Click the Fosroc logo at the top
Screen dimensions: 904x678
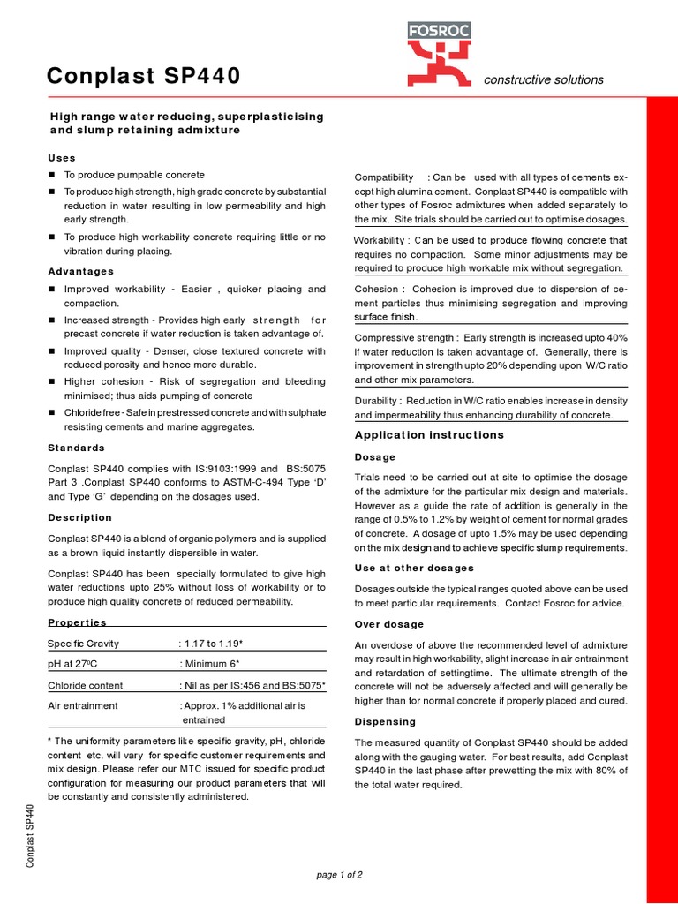point(439,53)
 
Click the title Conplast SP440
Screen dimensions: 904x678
point(143,78)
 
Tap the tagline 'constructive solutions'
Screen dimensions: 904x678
point(544,79)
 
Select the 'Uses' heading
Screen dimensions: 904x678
point(62,157)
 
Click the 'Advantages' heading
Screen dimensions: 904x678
point(80,271)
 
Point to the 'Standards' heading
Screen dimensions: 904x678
point(76,448)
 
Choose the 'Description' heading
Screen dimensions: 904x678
point(79,517)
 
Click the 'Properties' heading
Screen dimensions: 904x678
point(77,622)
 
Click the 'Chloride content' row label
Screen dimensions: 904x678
point(86,685)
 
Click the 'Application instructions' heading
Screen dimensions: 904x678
point(429,435)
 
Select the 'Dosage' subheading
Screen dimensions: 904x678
point(374,457)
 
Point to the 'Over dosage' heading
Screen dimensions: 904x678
point(388,624)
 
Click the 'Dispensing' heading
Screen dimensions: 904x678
point(385,721)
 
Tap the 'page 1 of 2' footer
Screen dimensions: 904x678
point(339,875)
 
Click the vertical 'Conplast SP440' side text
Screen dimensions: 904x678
point(30,834)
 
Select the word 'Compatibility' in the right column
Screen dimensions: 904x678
point(383,177)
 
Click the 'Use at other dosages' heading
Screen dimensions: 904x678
point(414,568)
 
